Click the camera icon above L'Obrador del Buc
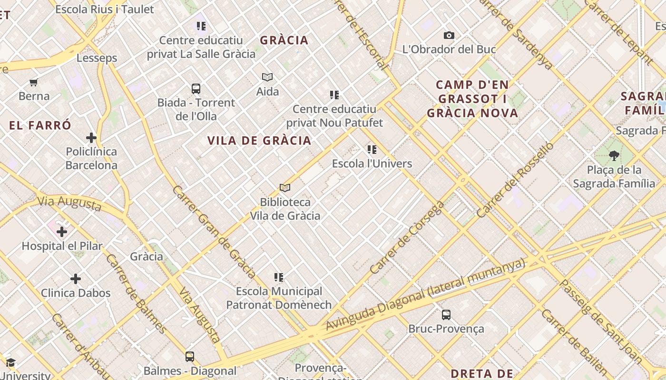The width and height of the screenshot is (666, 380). click(449, 36)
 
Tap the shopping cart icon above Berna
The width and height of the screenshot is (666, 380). click(34, 83)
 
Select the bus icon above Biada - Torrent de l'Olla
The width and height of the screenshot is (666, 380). click(196, 88)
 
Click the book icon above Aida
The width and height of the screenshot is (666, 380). click(267, 77)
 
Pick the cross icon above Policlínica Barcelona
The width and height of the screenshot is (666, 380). click(91, 138)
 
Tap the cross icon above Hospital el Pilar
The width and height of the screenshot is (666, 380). click(62, 232)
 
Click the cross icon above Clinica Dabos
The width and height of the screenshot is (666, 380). click(76, 279)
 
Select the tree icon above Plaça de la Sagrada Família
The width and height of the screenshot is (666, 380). click(614, 155)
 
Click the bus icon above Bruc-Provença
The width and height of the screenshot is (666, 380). click(446, 314)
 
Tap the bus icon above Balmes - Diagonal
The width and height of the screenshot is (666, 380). click(190, 356)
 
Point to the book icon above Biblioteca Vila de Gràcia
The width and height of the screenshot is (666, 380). click(285, 188)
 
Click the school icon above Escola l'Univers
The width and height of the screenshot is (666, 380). click(372, 150)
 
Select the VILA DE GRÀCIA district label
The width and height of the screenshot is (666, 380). click(259, 141)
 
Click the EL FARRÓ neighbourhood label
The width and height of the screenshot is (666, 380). click(40, 126)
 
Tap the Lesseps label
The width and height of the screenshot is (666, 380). click(97, 58)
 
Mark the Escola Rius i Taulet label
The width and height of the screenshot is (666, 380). click(105, 9)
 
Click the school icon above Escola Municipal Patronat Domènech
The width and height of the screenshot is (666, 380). click(279, 277)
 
